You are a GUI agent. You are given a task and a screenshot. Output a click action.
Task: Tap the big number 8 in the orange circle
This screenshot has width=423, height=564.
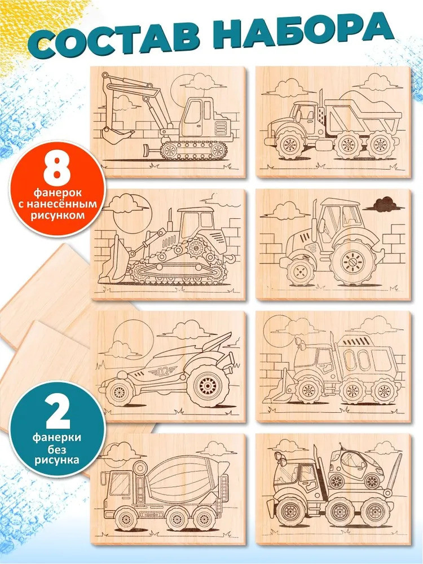57,169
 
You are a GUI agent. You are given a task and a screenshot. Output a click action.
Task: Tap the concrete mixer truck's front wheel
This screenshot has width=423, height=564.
126,519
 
